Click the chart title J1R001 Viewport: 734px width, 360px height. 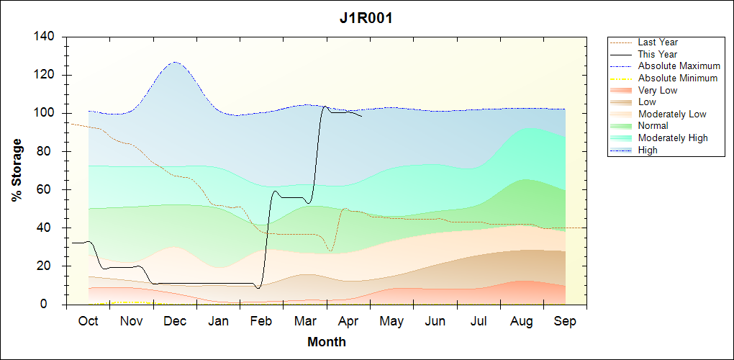click(x=366, y=19)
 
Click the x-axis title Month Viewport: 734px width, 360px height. click(x=327, y=342)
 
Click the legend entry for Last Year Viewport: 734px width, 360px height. click(x=658, y=42)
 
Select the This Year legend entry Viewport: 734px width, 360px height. click(x=657, y=54)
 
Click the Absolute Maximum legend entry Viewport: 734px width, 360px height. click(x=679, y=66)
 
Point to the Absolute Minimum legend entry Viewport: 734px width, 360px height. click(x=677, y=78)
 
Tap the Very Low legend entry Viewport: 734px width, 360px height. click(x=657, y=90)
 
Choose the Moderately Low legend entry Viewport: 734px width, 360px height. click(x=672, y=114)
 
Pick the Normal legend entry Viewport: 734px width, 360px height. click(x=653, y=126)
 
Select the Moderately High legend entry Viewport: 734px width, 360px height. click(x=673, y=138)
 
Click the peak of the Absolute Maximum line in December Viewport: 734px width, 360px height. click(x=175, y=62)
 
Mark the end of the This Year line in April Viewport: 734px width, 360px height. click(x=362, y=115)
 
